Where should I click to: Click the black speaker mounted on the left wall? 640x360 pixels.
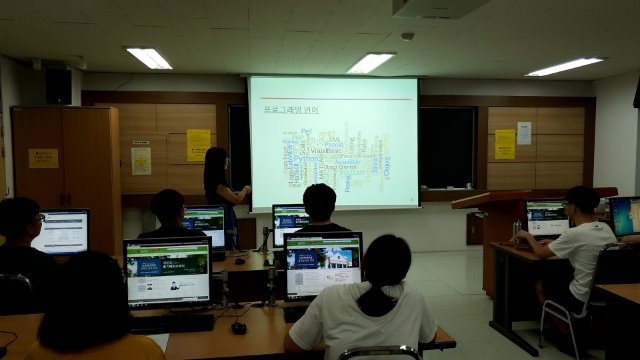(x=58, y=86)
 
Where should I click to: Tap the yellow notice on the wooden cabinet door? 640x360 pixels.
(x=42, y=158)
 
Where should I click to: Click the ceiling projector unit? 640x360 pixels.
(x=441, y=8)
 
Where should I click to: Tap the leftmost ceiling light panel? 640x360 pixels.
(x=149, y=58)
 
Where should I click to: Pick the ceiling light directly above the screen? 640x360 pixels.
(x=370, y=62)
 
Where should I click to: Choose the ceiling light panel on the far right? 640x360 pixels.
(x=565, y=66)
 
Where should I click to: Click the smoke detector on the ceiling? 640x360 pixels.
(x=407, y=36)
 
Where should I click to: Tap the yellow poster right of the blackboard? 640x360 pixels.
(x=504, y=144)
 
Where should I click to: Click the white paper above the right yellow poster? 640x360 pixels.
(x=524, y=132)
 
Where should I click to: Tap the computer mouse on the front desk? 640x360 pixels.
(x=238, y=327)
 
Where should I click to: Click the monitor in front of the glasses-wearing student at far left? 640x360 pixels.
(x=60, y=232)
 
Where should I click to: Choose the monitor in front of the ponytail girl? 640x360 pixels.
(x=323, y=265)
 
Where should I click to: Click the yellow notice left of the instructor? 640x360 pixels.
(x=198, y=144)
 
